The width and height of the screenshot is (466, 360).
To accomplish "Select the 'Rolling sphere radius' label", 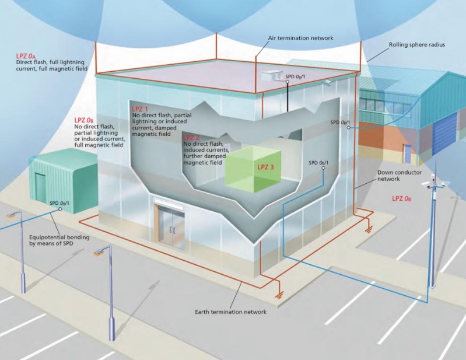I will [x=416, y=44].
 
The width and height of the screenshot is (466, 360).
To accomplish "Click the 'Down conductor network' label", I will [x=397, y=176].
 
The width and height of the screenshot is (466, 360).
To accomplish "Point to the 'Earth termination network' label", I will [x=230, y=312].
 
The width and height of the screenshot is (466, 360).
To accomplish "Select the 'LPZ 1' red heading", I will [x=140, y=109].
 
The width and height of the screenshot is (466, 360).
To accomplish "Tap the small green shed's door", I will [x=40, y=187].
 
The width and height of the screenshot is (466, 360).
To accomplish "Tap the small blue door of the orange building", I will [x=407, y=153].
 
